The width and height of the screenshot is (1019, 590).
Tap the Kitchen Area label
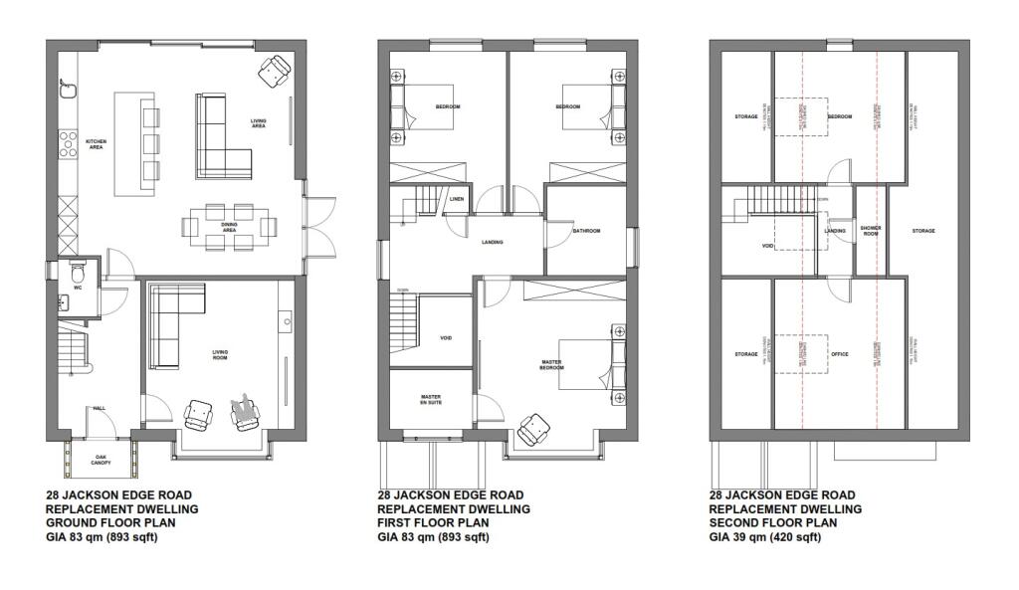97,144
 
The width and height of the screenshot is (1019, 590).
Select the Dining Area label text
229,228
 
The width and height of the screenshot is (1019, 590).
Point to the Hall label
100,408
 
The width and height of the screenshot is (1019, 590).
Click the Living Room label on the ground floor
220,354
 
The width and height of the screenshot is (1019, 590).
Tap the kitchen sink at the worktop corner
69,91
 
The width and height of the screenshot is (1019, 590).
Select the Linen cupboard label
456,199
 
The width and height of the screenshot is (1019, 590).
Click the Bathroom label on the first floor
586,232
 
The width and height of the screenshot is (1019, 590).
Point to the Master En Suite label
430,401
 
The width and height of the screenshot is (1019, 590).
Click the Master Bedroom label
552,365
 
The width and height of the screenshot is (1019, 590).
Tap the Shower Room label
871,231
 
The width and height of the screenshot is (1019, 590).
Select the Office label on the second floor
839,354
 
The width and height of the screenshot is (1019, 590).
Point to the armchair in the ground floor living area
274,70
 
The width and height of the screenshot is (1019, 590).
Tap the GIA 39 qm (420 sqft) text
765,537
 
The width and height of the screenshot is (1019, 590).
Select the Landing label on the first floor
492,243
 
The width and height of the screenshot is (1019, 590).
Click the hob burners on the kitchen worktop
69,144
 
